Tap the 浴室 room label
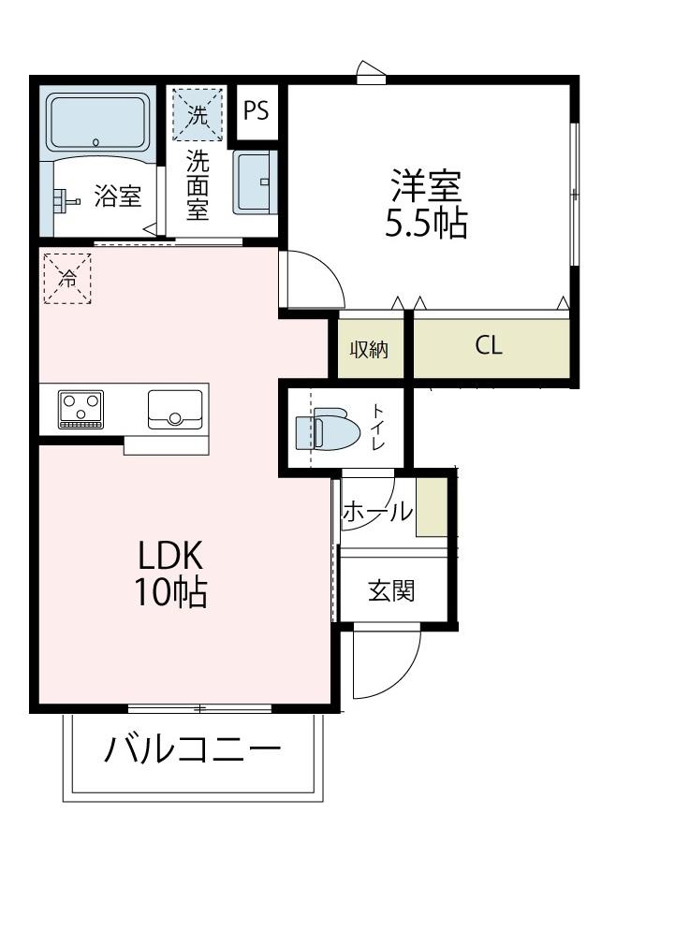[117, 197]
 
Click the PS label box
[256, 110]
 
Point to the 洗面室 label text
[197, 185]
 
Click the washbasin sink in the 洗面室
[254, 182]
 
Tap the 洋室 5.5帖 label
[426, 205]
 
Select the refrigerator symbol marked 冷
[68, 278]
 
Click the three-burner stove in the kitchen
[81, 409]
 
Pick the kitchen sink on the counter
[174, 408]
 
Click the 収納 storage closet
[370, 348]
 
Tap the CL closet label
[489, 345]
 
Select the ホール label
[376, 512]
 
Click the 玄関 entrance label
[390, 590]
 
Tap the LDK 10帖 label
[171, 574]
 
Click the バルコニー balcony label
[192, 750]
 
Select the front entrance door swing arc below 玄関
[382, 669]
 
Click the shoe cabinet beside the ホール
[432, 506]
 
